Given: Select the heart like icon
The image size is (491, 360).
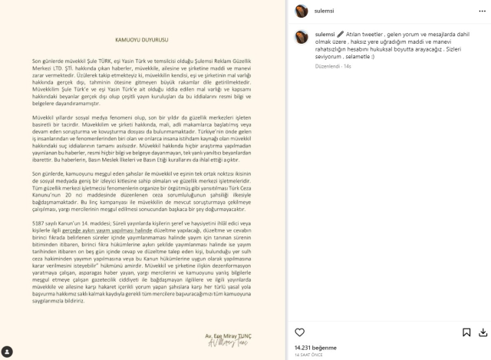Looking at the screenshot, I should click(x=300, y=332).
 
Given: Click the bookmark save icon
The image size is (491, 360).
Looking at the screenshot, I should click(x=466, y=332).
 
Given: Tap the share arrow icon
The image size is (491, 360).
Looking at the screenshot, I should click(x=482, y=332).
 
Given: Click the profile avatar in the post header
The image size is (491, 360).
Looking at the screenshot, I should click(x=302, y=11).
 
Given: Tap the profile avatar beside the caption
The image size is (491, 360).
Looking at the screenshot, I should click(x=302, y=37).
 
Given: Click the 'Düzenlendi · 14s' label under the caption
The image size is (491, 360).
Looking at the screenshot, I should click(x=332, y=67).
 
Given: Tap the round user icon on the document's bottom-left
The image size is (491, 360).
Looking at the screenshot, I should click(x=7, y=352).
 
